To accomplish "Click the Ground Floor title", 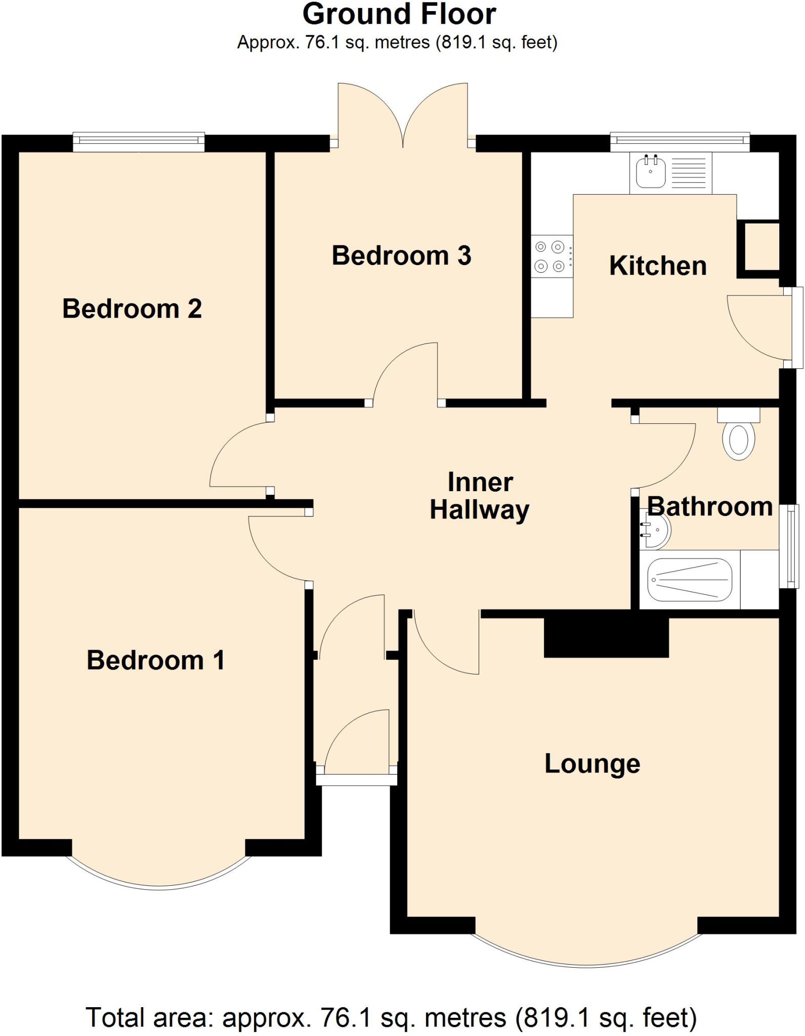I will click(x=399, y=14).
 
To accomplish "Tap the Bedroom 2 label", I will click(x=132, y=309).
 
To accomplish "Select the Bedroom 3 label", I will click(x=401, y=255).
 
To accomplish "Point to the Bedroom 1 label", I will click(x=156, y=660).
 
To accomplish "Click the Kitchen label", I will click(x=658, y=266).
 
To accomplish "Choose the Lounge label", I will click(x=592, y=764).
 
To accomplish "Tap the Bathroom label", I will click(x=710, y=506).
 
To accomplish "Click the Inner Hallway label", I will click(x=480, y=496).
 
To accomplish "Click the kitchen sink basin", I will click(x=651, y=171).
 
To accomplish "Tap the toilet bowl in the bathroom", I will click(x=739, y=441).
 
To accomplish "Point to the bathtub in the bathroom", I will click(x=690, y=580).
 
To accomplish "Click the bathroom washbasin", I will click(x=657, y=530).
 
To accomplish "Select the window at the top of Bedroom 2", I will click(x=139, y=142).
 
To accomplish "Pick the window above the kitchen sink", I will click(x=680, y=142).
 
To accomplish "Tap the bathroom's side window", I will click(x=789, y=546).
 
